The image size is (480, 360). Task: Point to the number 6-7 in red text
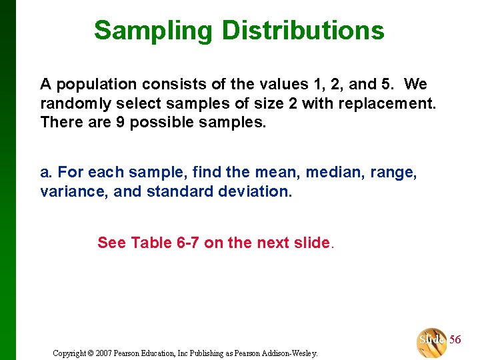(x=188, y=243)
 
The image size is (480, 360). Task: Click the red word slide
(x=311, y=243)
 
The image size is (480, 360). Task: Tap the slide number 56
(x=455, y=340)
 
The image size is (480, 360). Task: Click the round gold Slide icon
(x=431, y=341)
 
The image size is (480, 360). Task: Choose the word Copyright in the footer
(x=69, y=353)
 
